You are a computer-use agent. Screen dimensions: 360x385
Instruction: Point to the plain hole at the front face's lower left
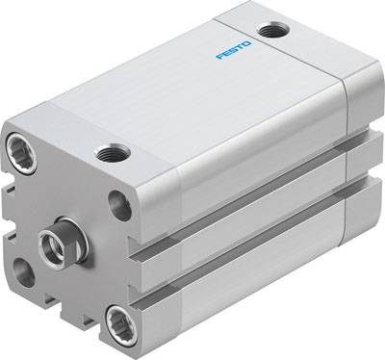(25, 272)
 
